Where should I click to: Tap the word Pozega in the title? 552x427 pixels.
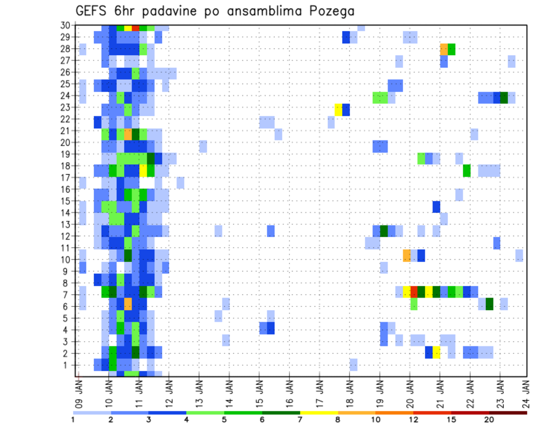click(330, 11)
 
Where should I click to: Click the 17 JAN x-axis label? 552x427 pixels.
click(320, 389)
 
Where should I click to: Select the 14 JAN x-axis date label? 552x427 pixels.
click(229, 389)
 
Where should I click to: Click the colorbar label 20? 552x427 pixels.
click(489, 420)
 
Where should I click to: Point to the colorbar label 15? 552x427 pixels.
click(451, 420)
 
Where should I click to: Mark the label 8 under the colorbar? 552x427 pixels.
click(338, 420)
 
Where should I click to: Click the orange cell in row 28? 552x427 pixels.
click(444, 49)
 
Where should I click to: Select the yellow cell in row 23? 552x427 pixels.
click(338, 109)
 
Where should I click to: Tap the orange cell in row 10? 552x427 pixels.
click(407, 255)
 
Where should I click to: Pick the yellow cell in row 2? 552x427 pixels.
click(436, 352)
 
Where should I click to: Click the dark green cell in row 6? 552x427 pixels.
click(489, 303)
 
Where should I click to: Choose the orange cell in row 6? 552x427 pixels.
click(128, 303)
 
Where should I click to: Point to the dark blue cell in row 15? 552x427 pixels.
click(436, 206)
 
